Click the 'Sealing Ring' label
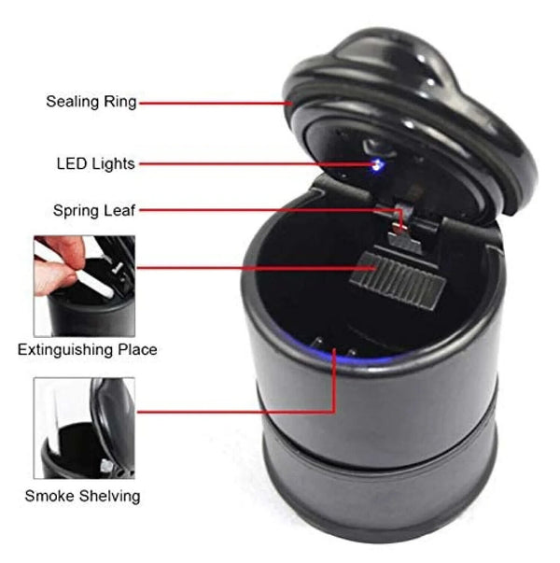tap(91, 102)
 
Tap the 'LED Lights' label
tap(95, 164)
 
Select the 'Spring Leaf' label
tap(92, 210)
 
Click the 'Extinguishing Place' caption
tap(88, 350)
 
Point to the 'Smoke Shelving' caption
tap(82, 496)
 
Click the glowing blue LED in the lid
tap(377, 165)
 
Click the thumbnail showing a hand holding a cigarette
tap(84, 286)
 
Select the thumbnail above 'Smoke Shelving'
tap(84, 428)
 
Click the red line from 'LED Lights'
tap(252, 164)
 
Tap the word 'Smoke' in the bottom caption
tap(49, 496)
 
